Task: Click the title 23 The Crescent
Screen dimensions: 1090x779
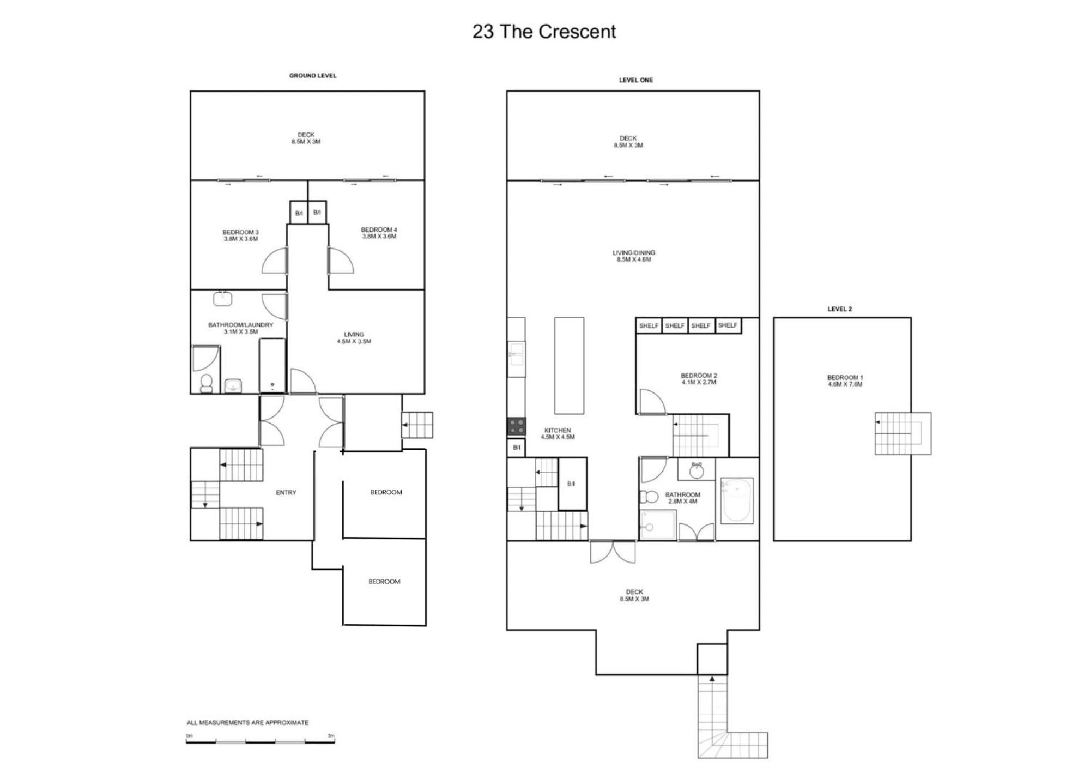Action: click(x=544, y=32)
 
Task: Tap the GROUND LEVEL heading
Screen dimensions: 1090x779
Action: click(x=313, y=76)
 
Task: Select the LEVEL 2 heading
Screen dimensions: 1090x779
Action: click(x=839, y=309)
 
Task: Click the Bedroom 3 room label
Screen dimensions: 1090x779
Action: click(x=240, y=235)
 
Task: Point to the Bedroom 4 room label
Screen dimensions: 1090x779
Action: click(x=379, y=233)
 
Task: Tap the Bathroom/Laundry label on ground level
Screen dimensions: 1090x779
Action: click(x=240, y=328)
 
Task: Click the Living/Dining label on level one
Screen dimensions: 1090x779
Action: click(x=634, y=256)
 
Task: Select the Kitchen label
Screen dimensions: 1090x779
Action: click(x=558, y=434)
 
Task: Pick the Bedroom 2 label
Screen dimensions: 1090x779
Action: click(x=699, y=379)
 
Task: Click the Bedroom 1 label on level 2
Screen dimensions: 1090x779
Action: click(x=845, y=381)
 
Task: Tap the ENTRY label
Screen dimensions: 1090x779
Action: click(x=286, y=493)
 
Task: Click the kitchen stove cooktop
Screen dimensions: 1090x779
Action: click(x=517, y=426)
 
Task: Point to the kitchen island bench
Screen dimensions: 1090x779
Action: click(x=569, y=366)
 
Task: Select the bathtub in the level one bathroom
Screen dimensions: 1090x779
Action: click(x=737, y=501)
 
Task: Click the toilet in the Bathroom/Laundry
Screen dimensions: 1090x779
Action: click(x=207, y=383)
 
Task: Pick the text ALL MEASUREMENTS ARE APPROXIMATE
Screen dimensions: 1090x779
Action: click(x=247, y=723)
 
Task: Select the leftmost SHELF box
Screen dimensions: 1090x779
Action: click(x=649, y=325)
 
